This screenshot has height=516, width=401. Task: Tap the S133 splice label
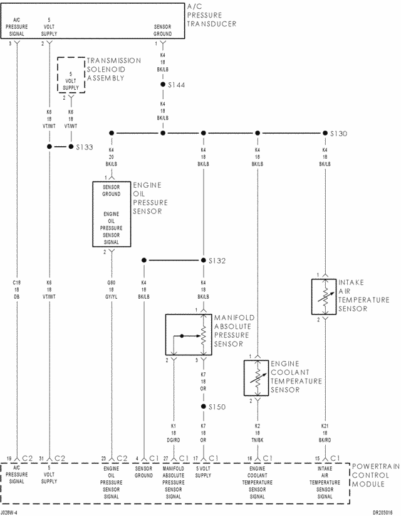pyautogui.click(x=85, y=148)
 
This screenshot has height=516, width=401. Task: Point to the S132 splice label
pyautogui.click(x=218, y=261)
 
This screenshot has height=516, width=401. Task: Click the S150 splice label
pyautogui.click(x=217, y=407)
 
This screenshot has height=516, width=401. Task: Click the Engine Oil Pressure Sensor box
pyautogui.click(x=112, y=214)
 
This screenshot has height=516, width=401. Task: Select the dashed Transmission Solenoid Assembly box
pyautogui.click(x=71, y=76)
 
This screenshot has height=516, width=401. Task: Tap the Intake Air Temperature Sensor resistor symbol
pyautogui.click(x=325, y=296)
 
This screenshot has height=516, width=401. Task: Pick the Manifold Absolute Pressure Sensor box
pyautogui.click(x=185, y=335)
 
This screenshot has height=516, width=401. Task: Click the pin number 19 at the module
pyautogui.click(x=9, y=458)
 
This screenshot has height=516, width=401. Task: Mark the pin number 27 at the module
pyautogui.click(x=166, y=458)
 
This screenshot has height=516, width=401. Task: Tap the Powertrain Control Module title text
pyautogui.click(x=375, y=476)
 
